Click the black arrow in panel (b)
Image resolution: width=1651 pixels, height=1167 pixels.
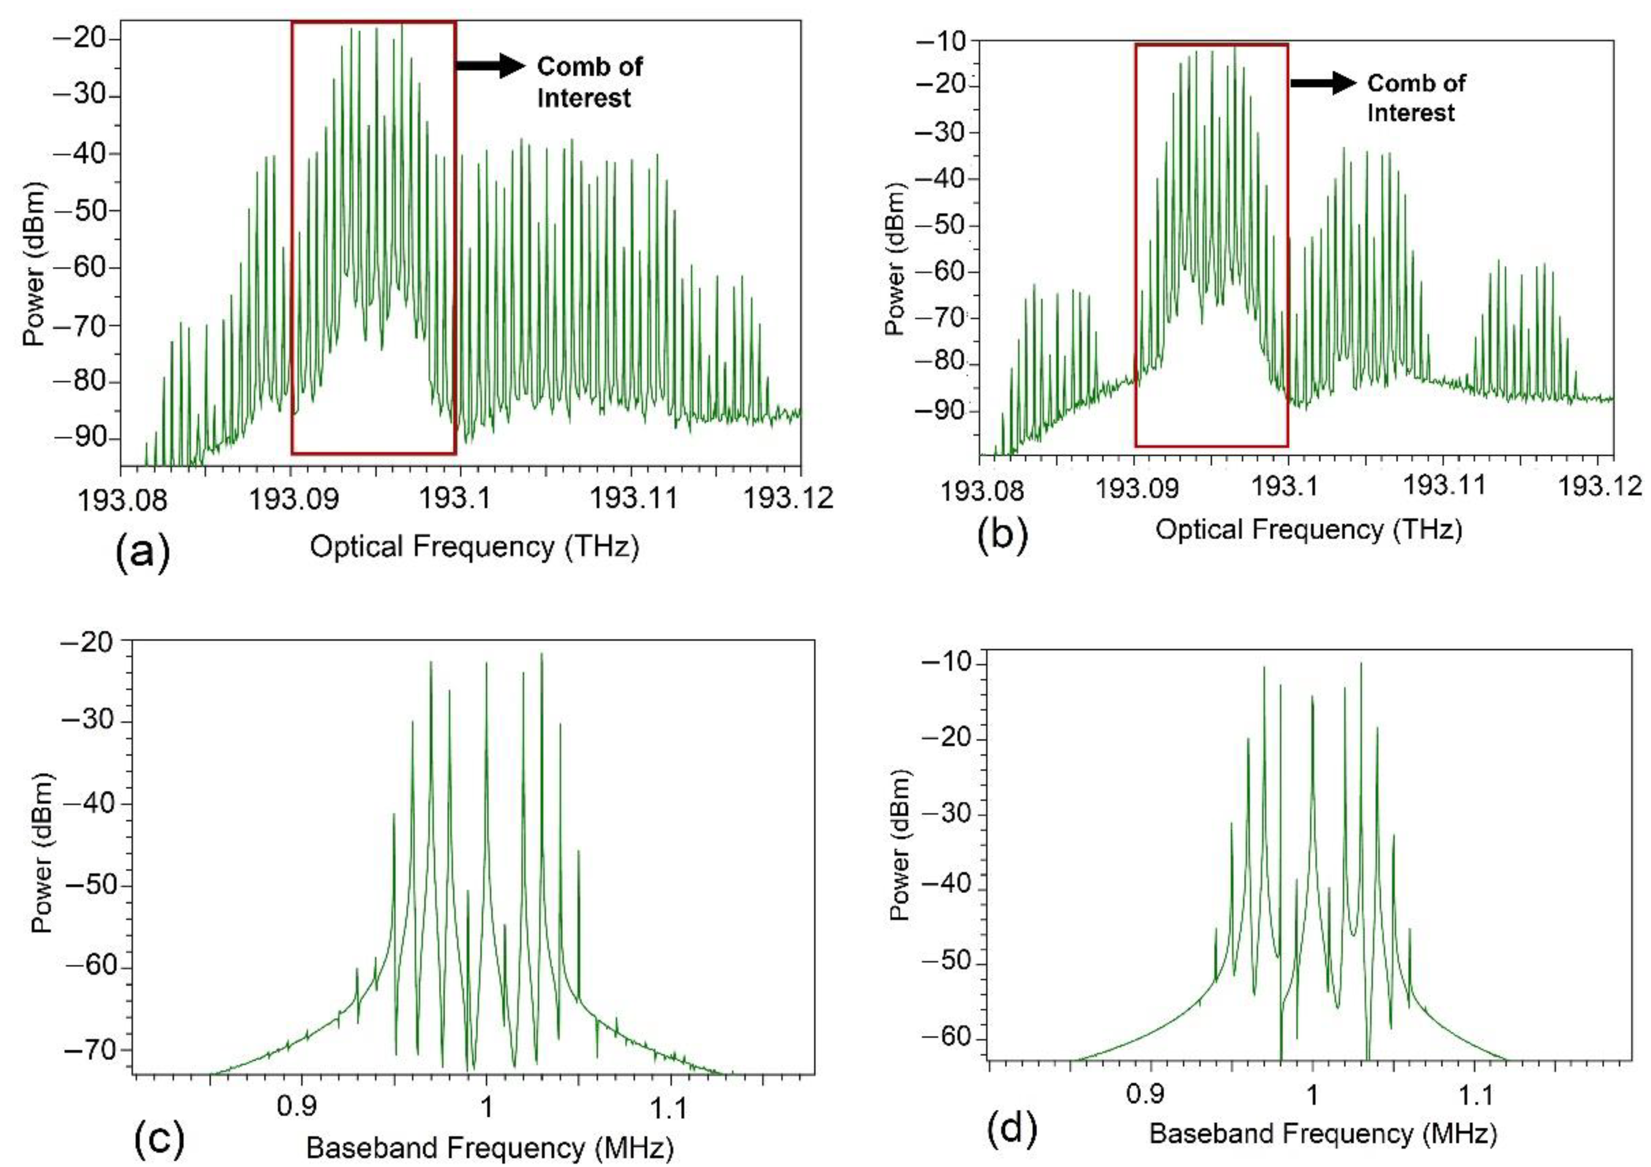pos(1323,83)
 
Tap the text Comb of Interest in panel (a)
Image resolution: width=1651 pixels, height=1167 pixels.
pos(589,82)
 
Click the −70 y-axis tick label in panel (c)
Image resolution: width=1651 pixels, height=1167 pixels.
pos(89,1049)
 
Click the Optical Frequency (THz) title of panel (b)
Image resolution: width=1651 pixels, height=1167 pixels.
pos(1308,530)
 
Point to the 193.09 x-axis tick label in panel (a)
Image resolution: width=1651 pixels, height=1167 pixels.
pos(293,497)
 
